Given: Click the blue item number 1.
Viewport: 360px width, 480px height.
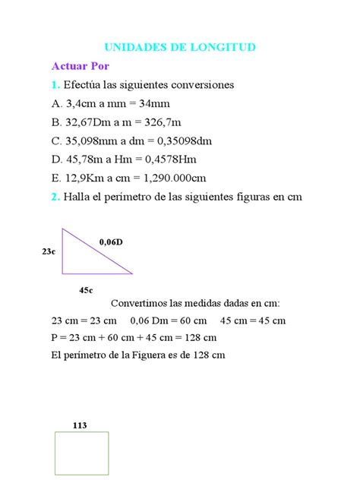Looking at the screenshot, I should (55, 84).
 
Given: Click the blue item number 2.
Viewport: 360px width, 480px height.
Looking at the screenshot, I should (55, 196).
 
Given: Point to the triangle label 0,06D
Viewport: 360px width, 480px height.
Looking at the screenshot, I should (111, 242).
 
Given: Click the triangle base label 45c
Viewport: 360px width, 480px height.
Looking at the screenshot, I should (86, 290).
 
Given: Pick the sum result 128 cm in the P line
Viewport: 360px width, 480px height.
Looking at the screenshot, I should (200, 337).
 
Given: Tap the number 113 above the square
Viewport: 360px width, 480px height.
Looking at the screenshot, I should (80, 425).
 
